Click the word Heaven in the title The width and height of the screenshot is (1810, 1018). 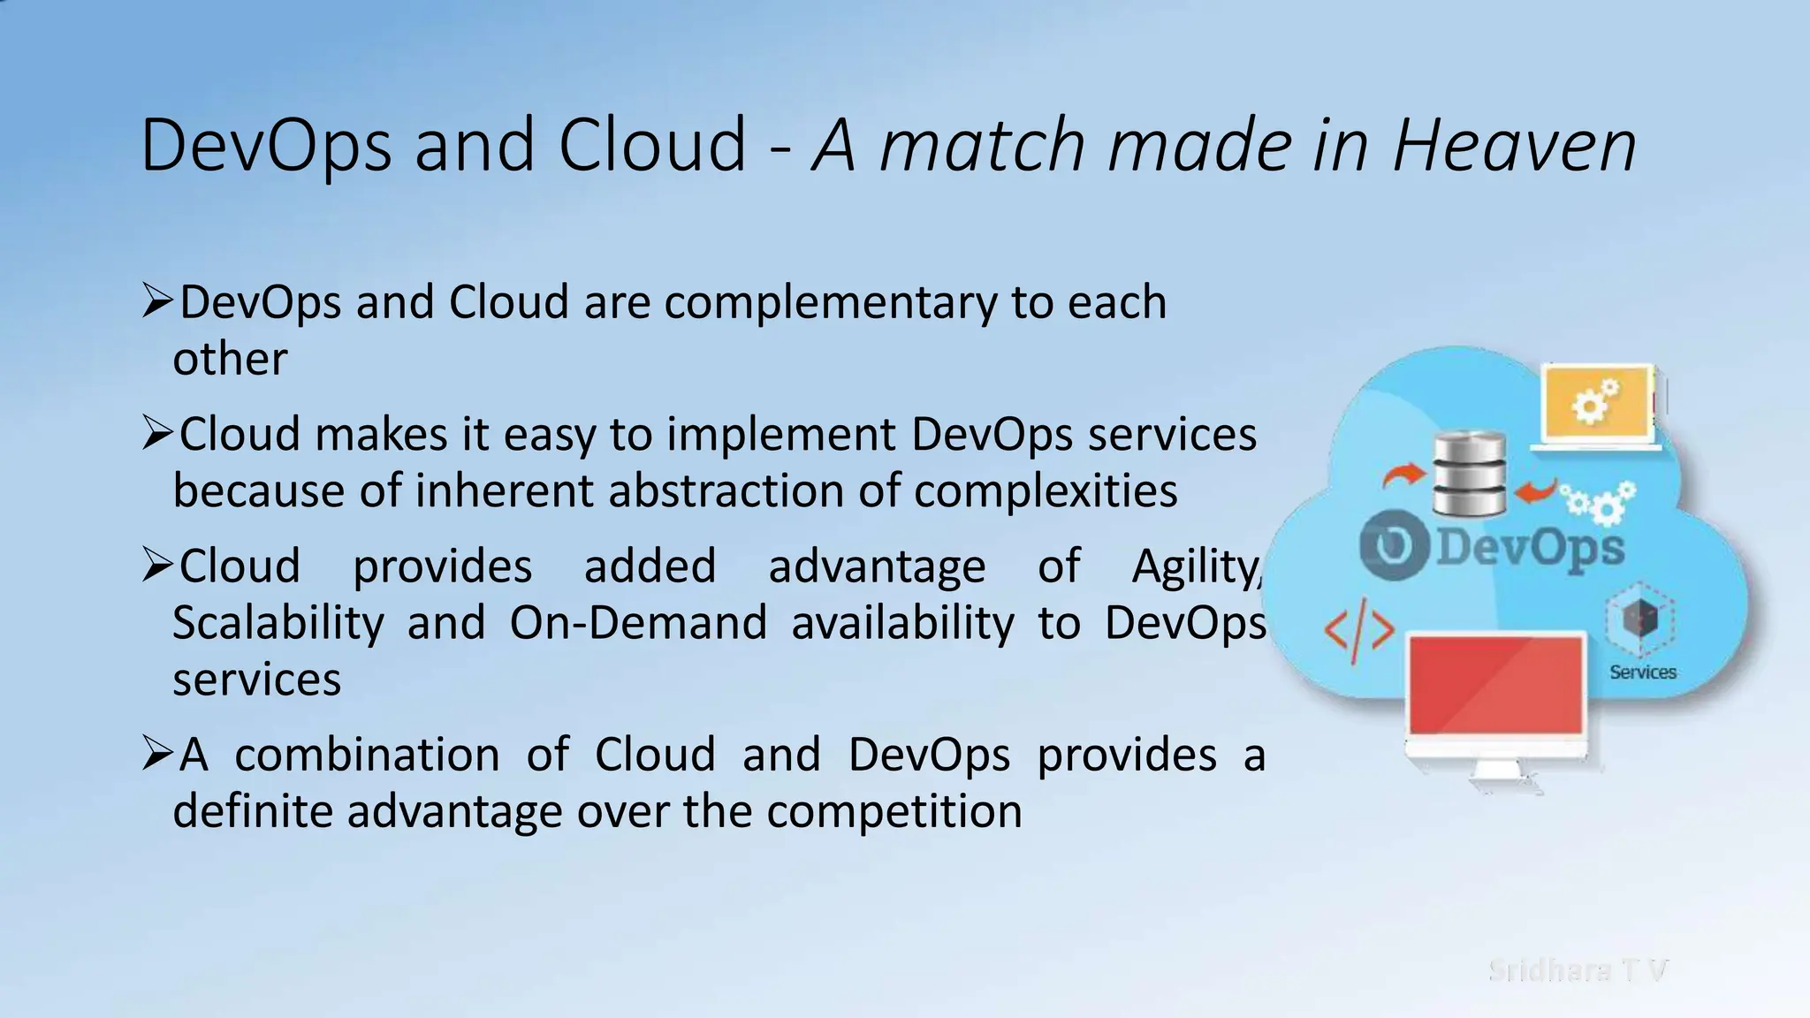[1514, 146]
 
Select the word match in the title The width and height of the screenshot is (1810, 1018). [982, 146]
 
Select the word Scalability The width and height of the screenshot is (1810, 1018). [278, 623]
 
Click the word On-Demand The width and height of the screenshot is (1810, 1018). [637, 623]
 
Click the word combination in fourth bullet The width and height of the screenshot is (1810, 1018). [367, 756]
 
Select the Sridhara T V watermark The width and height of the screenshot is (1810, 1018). [1578, 970]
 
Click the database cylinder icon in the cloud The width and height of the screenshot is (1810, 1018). [1469, 474]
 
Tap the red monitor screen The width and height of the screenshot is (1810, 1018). [1494, 685]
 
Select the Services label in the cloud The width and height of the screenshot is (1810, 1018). [1642, 672]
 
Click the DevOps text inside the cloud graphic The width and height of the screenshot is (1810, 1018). [1530, 547]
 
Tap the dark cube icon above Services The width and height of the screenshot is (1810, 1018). [1640, 618]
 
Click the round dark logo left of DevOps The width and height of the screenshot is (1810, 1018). [1394, 547]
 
